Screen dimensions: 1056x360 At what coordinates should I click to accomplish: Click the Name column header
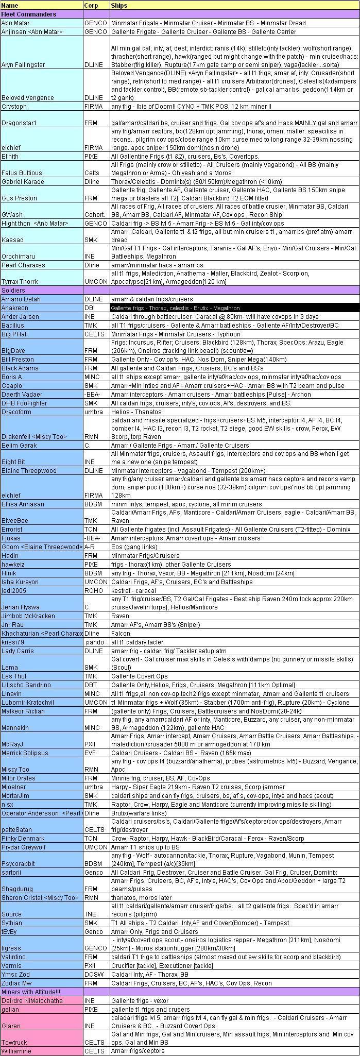[10, 6]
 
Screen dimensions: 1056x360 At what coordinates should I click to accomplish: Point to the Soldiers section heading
[13, 291]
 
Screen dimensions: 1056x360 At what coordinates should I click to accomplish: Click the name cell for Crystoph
[14, 107]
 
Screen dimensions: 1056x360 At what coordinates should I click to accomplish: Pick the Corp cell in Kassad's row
[91, 240]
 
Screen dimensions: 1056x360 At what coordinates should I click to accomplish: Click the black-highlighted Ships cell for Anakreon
[234, 308]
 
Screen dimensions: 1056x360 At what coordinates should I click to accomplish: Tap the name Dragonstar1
[20, 123]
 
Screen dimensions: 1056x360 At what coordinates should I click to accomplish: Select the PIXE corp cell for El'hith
[91, 156]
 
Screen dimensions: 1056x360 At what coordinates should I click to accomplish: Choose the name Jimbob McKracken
[28, 616]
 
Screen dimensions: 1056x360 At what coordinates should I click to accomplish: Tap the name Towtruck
[14, 1042]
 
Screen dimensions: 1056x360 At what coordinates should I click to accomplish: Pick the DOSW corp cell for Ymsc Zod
[94, 975]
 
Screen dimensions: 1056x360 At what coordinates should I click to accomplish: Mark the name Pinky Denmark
[23, 839]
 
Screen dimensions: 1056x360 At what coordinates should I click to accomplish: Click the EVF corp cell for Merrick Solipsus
[91, 753]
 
